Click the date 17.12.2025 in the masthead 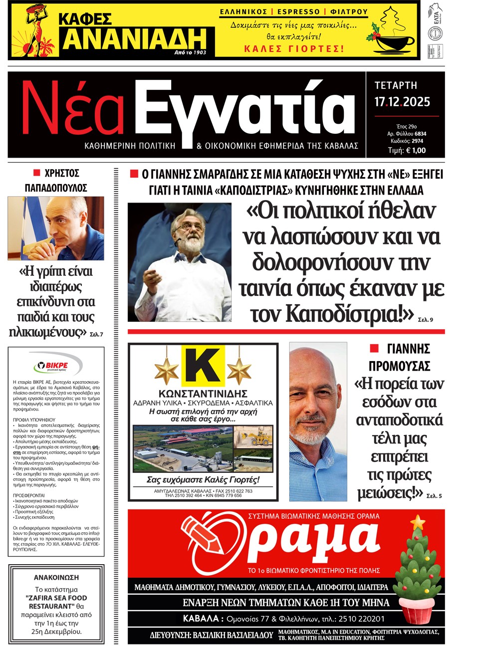pos(402,102)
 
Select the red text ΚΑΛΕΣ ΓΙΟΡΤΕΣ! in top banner pos(294,48)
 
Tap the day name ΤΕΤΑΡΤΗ pos(396,85)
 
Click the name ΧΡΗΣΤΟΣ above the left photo pos(62,173)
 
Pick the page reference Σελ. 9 pos(425,319)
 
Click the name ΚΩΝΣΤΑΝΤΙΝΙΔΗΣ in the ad pos(203,394)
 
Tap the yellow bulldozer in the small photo pos(260,438)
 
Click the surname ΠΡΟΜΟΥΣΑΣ pos(399,366)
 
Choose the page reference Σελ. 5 pos(434,496)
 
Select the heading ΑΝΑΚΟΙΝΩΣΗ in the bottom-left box pos(56,577)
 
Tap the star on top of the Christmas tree pos(418,522)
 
